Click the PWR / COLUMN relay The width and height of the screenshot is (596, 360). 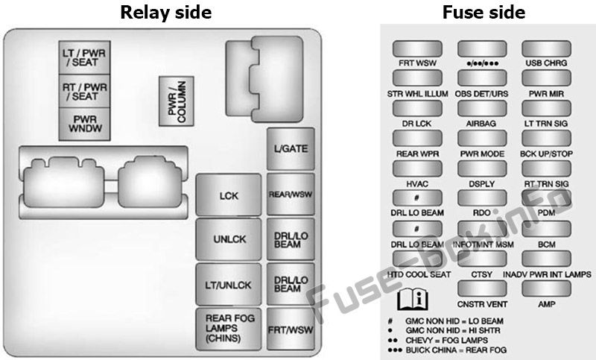[177, 101]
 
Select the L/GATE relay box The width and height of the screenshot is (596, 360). [291, 148]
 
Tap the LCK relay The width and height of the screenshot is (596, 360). [229, 195]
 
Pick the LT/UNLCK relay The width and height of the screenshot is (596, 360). [229, 285]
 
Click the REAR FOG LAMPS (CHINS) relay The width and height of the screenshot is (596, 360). [229, 329]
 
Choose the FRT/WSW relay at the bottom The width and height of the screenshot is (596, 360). [291, 329]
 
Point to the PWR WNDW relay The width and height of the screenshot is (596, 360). [85, 124]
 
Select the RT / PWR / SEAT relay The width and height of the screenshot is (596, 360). [85, 91]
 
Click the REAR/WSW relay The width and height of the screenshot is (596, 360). [291, 195]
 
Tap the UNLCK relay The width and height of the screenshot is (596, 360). [229, 239]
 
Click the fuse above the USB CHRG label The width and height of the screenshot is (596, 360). [546, 49]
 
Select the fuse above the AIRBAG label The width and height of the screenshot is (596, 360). [482, 108]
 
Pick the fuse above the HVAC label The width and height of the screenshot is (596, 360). [417, 168]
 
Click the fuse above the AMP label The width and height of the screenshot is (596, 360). [546, 289]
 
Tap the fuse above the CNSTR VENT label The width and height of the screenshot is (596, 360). [482, 289]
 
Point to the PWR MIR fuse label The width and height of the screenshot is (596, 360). [546, 93]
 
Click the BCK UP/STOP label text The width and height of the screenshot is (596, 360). [546, 154]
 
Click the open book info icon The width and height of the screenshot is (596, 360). [413, 299]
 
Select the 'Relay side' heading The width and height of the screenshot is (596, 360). [165, 12]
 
